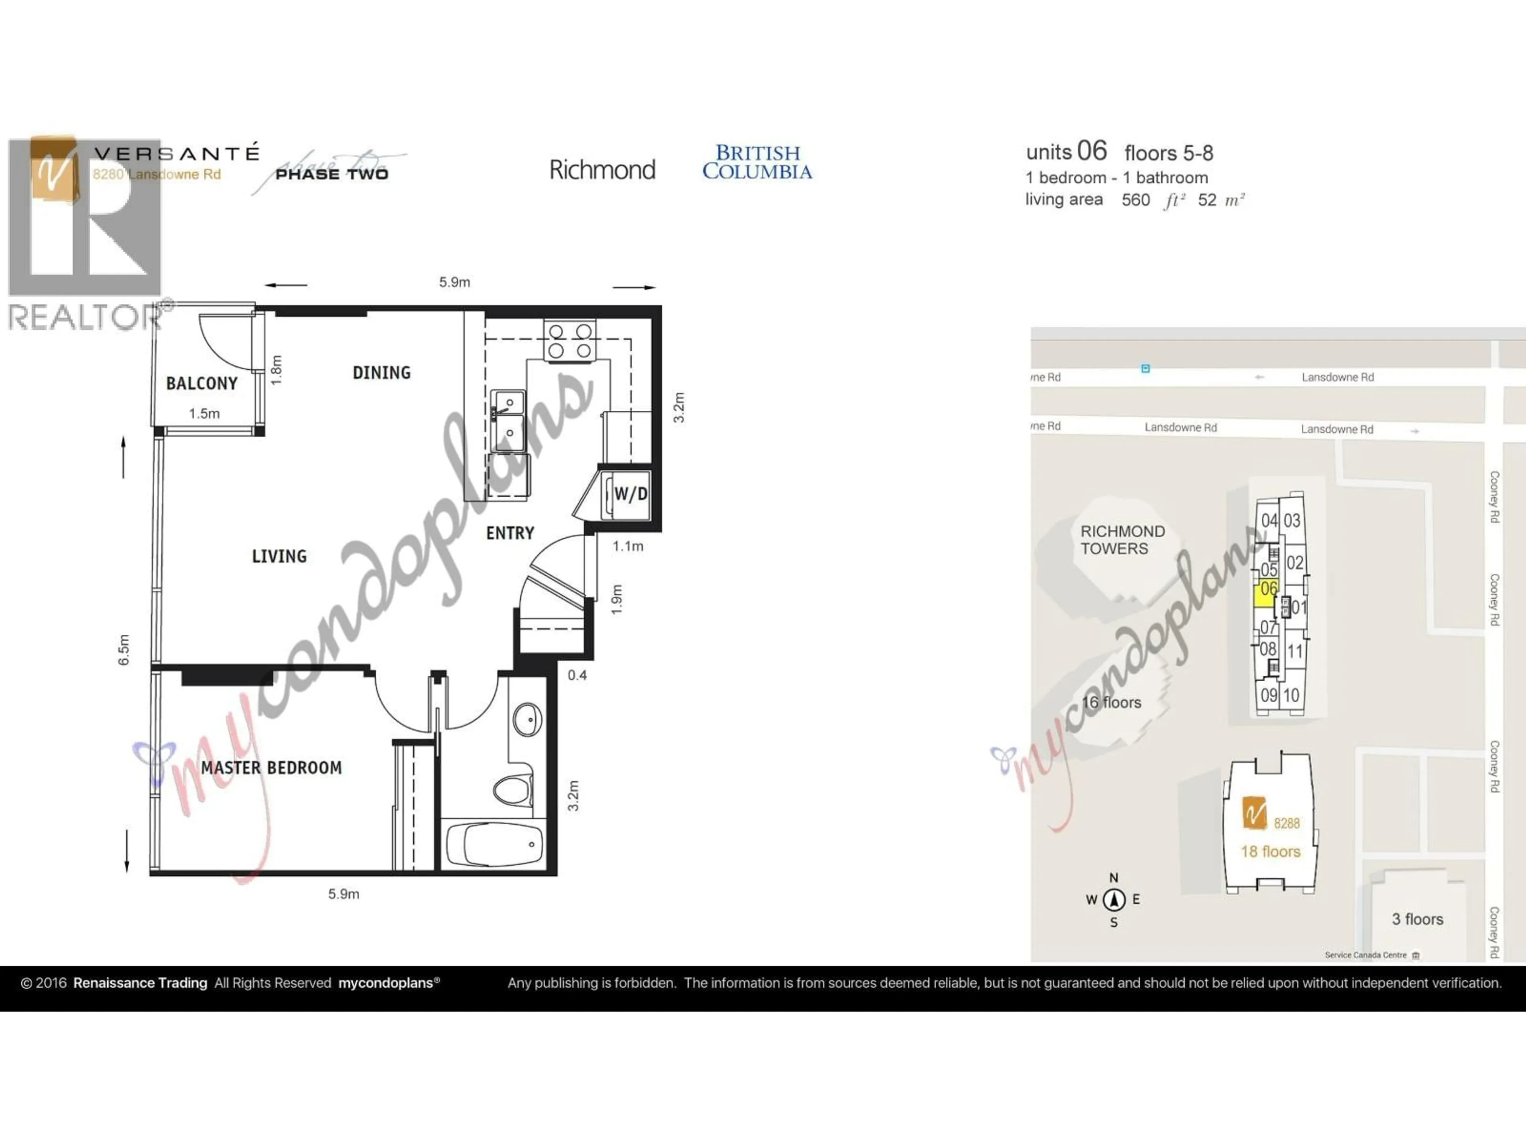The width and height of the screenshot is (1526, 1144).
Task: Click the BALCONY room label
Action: [x=201, y=383]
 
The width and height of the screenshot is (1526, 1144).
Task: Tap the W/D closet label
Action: [x=630, y=494]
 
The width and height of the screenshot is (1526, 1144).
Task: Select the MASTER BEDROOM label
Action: [x=271, y=767]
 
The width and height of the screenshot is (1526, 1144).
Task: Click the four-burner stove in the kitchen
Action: [x=570, y=341]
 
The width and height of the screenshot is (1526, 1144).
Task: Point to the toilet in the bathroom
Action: [x=513, y=790]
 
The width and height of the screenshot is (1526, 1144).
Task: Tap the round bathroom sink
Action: [x=527, y=719]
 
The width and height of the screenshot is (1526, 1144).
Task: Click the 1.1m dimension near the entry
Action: [x=628, y=546]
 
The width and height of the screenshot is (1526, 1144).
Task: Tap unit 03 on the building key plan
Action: [x=1292, y=520]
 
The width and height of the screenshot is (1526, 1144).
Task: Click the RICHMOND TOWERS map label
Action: [x=1122, y=540]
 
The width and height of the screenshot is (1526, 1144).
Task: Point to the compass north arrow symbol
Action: [x=1114, y=899]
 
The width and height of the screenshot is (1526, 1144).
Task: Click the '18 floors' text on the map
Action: [x=1270, y=852]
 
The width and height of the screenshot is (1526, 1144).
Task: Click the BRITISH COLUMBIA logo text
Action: [x=757, y=162]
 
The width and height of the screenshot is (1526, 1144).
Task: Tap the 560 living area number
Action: [x=1135, y=200]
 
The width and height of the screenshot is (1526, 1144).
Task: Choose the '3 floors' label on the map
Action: [x=1417, y=919]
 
